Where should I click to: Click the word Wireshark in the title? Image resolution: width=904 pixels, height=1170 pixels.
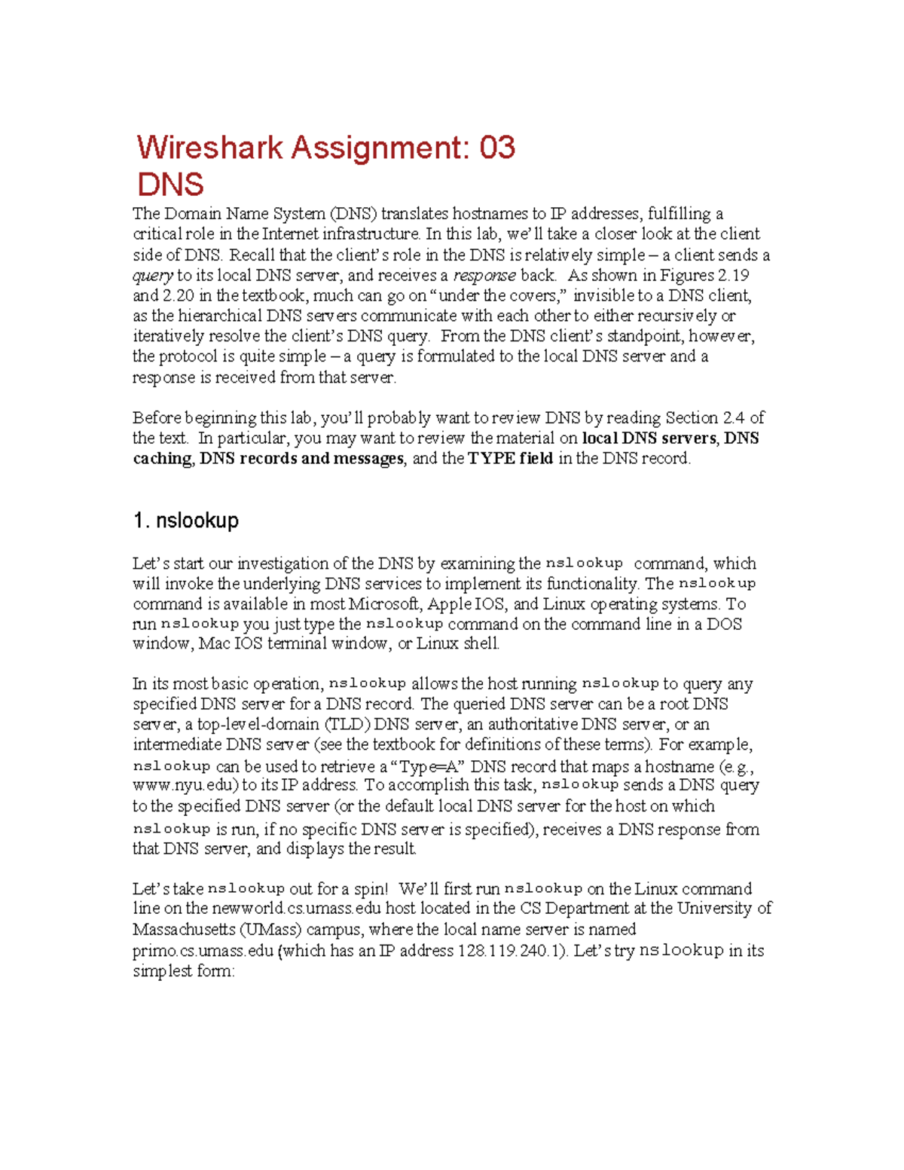[209, 148]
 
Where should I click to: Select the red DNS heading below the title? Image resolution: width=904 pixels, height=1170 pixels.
[170, 185]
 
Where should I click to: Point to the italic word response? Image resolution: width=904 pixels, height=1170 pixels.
[484, 276]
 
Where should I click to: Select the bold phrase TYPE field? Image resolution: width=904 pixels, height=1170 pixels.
[510, 459]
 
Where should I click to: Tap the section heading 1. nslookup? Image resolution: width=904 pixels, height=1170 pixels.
[186, 521]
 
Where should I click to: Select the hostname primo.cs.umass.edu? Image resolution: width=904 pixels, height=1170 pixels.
[203, 951]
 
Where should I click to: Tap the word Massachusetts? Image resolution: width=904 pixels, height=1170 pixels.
[182, 930]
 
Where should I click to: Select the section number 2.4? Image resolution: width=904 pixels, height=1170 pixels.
[734, 418]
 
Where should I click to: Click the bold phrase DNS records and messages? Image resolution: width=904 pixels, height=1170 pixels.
[301, 459]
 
